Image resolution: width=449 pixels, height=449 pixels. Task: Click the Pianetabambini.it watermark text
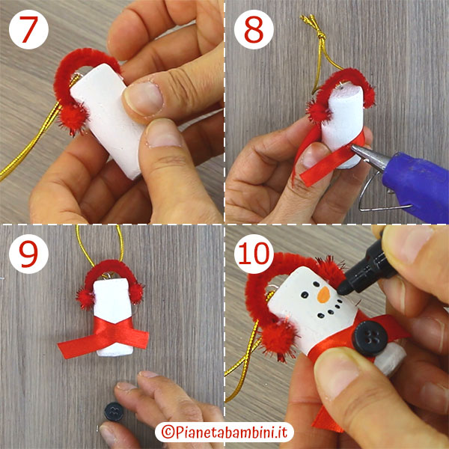click(225, 433)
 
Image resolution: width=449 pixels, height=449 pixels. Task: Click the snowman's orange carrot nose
click(323, 296)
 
